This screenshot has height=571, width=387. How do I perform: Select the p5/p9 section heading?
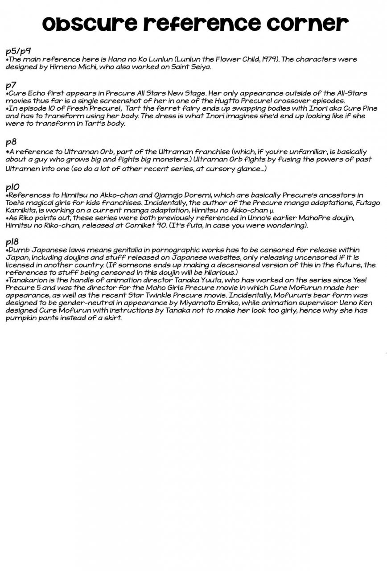coord(18,51)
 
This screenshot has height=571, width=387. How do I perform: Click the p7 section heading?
coord(11,85)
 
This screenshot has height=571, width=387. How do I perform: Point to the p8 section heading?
coord(11,142)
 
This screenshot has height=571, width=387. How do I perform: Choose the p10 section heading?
coord(12,186)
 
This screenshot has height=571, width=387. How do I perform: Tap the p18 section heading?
coord(12,242)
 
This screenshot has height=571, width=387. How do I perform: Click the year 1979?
coord(270,59)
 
